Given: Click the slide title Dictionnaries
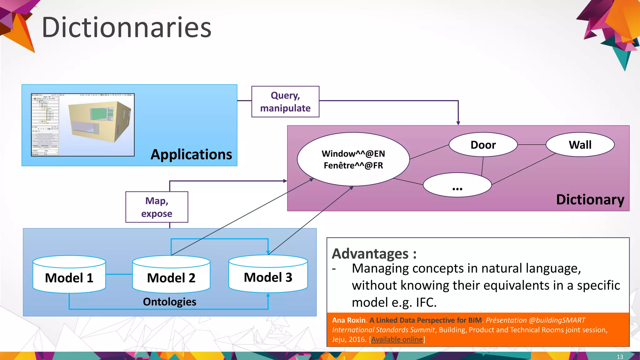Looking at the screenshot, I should click(127, 27).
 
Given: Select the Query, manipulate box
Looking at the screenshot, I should click(285, 102).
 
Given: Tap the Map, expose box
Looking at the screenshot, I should click(157, 207).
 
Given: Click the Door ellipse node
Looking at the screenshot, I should click(483, 145).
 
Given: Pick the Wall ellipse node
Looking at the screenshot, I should click(580, 145).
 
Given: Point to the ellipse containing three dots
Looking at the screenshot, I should click(457, 185).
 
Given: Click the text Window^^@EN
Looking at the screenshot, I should click(353, 154).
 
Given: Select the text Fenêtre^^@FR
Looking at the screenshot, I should click(353, 165).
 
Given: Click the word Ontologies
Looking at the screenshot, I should click(169, 302).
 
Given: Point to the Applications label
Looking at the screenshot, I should click(191, 154).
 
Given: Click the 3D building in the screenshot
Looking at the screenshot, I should click(100, 122).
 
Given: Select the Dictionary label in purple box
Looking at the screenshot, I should click(590, 199).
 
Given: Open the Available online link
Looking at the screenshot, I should click(397, 339).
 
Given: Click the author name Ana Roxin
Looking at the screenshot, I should click(348, 320).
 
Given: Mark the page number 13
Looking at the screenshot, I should click(620, 357).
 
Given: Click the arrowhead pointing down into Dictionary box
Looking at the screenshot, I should click(458, 123).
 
